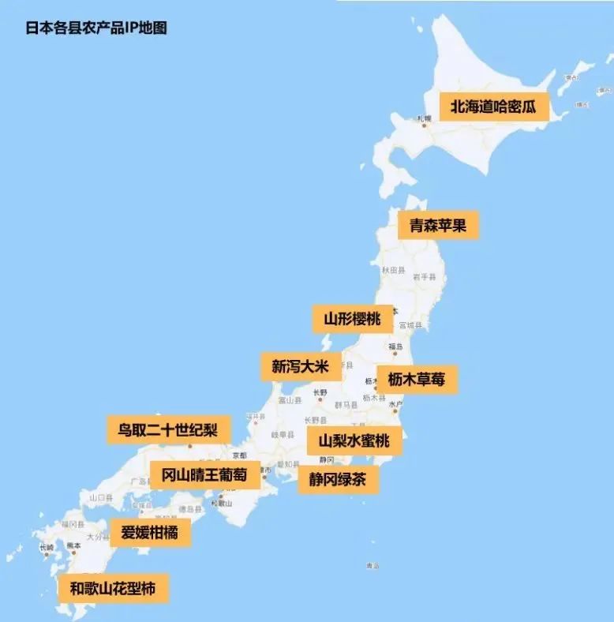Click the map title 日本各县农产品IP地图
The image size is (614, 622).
click(x=96, y=28)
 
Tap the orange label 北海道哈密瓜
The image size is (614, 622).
click(x=492, y=107)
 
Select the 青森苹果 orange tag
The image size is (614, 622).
click(x=438, y=225)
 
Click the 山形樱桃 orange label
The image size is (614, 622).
click(x=352, y=319)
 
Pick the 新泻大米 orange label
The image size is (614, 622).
click(x=301, y=366)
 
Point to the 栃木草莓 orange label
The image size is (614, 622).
click(x=416, y=379)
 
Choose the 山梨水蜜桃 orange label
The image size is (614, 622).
click(x=354, y=440)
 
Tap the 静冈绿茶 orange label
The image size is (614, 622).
click(x=337, y=478)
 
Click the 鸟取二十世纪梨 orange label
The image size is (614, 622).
click(x=169, y=430)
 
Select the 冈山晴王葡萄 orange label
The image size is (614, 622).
click(x=204, y=475)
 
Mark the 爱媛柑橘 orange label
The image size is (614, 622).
click(x=149, y=533)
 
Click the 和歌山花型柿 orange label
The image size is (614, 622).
click(x=114, y=589)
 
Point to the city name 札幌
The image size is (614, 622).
click(x=424, y=118)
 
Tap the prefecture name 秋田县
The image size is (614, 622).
click(x=392, y=270)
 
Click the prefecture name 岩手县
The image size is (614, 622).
click(x=427, y=276)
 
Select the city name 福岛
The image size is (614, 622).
click(x=395, y=347)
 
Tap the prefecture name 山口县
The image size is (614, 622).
click(x=101, y=498)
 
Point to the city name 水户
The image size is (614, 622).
click(x=395, y=403)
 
